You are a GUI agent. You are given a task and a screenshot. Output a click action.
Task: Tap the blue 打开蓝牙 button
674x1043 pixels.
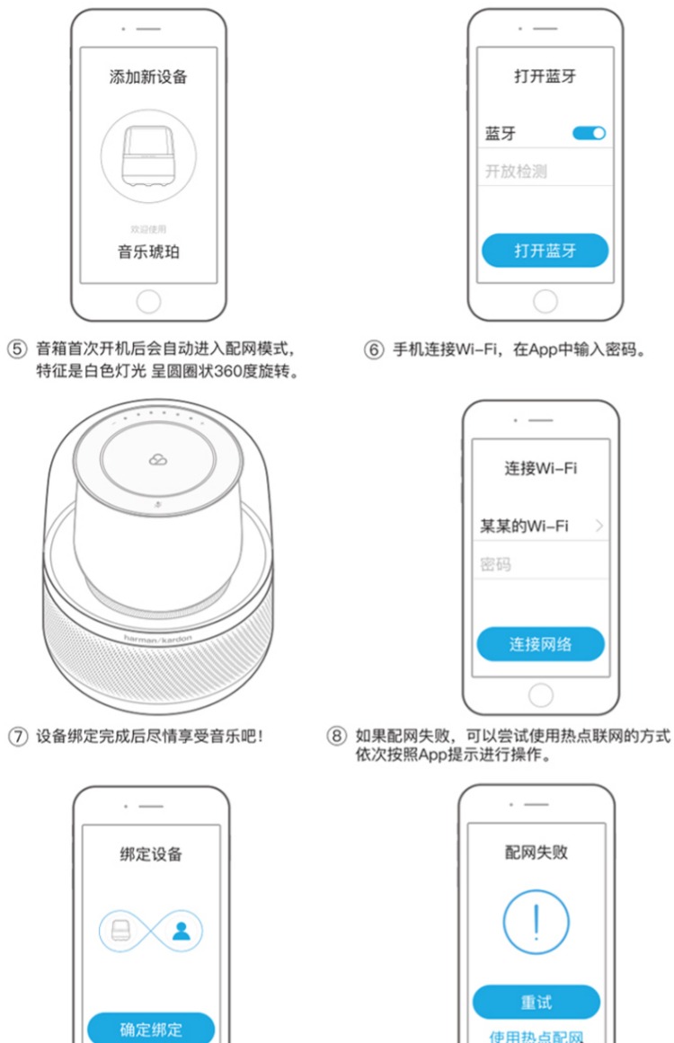[x=545, y=251]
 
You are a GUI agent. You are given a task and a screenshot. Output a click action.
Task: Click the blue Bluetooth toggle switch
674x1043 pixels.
[x=589, y=133]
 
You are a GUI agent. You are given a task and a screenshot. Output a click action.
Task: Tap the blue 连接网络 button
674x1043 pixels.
[x=540, y=644]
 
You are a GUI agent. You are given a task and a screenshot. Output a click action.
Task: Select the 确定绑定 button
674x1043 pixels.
[x=151, y=1029]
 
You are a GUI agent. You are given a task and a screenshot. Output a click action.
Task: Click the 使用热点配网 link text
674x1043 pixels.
[x=537, y=1037]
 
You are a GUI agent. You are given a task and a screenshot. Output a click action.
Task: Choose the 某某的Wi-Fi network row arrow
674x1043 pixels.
[x=599, y=526]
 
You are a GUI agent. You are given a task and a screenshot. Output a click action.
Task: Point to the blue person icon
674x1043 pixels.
[x=181, y=930]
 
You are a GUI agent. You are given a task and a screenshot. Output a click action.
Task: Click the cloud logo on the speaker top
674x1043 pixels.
[x=157, y=460]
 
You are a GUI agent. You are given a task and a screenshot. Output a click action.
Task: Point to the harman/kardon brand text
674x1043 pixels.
[x=157, y=640]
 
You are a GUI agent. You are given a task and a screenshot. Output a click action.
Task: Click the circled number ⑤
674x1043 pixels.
[x=17, y=349]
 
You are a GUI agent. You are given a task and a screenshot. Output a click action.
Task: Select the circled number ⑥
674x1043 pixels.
[x=374, y=349]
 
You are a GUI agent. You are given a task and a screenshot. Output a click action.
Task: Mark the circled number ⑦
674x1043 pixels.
[x=17, y=737]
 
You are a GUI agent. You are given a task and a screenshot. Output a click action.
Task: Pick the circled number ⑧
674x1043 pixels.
[x=337, y=736]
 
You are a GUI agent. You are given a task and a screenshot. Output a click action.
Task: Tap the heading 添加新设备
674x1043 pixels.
[x=148, y=77]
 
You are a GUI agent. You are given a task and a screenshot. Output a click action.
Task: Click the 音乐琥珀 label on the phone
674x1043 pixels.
[x=148, y=252]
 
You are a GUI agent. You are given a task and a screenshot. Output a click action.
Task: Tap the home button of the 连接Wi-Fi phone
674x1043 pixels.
[x=541, y=695]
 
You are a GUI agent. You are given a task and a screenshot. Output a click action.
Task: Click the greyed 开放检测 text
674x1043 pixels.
[x=517, y=172]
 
